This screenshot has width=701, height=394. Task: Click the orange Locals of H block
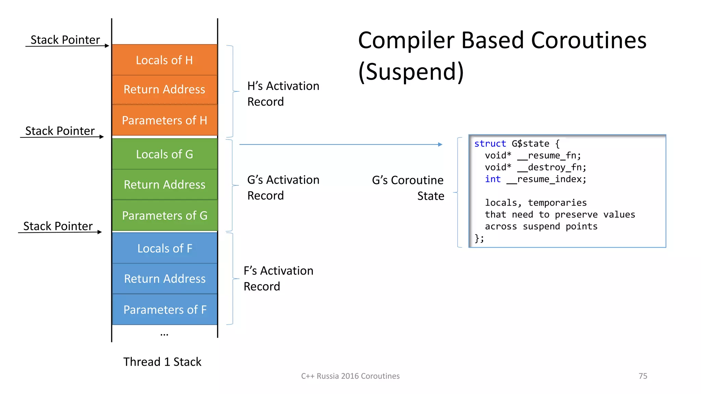165,60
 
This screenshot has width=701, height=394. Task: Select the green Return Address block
165,185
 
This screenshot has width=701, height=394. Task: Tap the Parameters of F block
165,310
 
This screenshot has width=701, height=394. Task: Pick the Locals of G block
165,154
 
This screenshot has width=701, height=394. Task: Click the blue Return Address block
165,279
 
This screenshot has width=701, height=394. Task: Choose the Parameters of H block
165,120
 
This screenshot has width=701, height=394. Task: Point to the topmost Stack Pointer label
65,40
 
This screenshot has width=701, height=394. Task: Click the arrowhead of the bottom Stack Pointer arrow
100,232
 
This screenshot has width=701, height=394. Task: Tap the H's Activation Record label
283,94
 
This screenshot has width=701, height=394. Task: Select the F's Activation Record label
278,278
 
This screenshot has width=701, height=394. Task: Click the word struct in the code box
490,144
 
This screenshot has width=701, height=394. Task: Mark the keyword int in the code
493,179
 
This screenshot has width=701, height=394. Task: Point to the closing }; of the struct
479,238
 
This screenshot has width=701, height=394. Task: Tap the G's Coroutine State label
408,188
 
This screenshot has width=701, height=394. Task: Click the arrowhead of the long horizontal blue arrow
440,145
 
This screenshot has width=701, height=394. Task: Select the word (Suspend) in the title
411,71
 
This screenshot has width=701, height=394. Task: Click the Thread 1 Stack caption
162,362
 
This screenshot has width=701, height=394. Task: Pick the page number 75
643,376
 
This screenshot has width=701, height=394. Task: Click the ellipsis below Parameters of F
164,334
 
